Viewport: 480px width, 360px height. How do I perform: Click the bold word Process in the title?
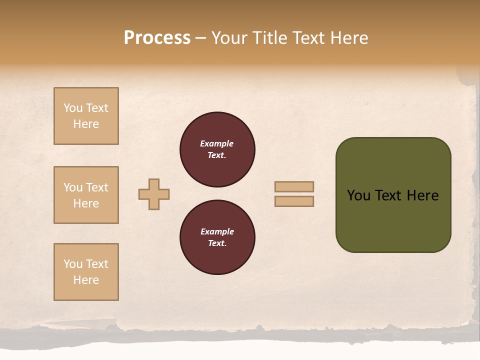157,38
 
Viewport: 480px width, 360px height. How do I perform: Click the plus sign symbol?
154,194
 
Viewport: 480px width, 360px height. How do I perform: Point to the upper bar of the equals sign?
294,186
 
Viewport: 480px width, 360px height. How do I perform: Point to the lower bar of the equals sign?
294,201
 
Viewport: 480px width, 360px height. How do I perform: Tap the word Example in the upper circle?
217,143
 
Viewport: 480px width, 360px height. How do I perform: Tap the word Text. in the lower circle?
217,243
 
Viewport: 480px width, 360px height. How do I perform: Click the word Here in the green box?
422,195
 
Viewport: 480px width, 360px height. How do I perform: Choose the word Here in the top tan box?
86,124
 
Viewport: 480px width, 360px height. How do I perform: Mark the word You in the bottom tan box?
73,264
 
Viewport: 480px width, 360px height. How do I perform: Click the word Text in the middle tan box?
97,187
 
